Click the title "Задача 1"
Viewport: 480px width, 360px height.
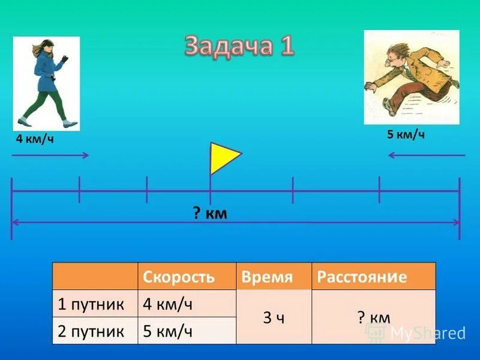239,46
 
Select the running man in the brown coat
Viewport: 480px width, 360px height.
411,77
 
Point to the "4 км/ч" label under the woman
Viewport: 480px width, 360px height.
35,140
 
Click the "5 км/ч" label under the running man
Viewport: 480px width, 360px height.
406,134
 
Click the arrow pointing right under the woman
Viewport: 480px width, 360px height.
50,155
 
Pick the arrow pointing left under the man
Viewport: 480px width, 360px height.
426,155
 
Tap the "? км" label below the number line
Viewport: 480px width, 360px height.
210,213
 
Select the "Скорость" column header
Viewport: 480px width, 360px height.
178,277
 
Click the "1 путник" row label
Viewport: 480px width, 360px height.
91,304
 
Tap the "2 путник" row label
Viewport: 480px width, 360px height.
91,331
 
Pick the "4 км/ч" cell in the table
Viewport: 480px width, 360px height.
167,304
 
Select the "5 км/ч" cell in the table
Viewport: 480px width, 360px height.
167,331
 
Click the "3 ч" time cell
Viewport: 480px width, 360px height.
274,317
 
